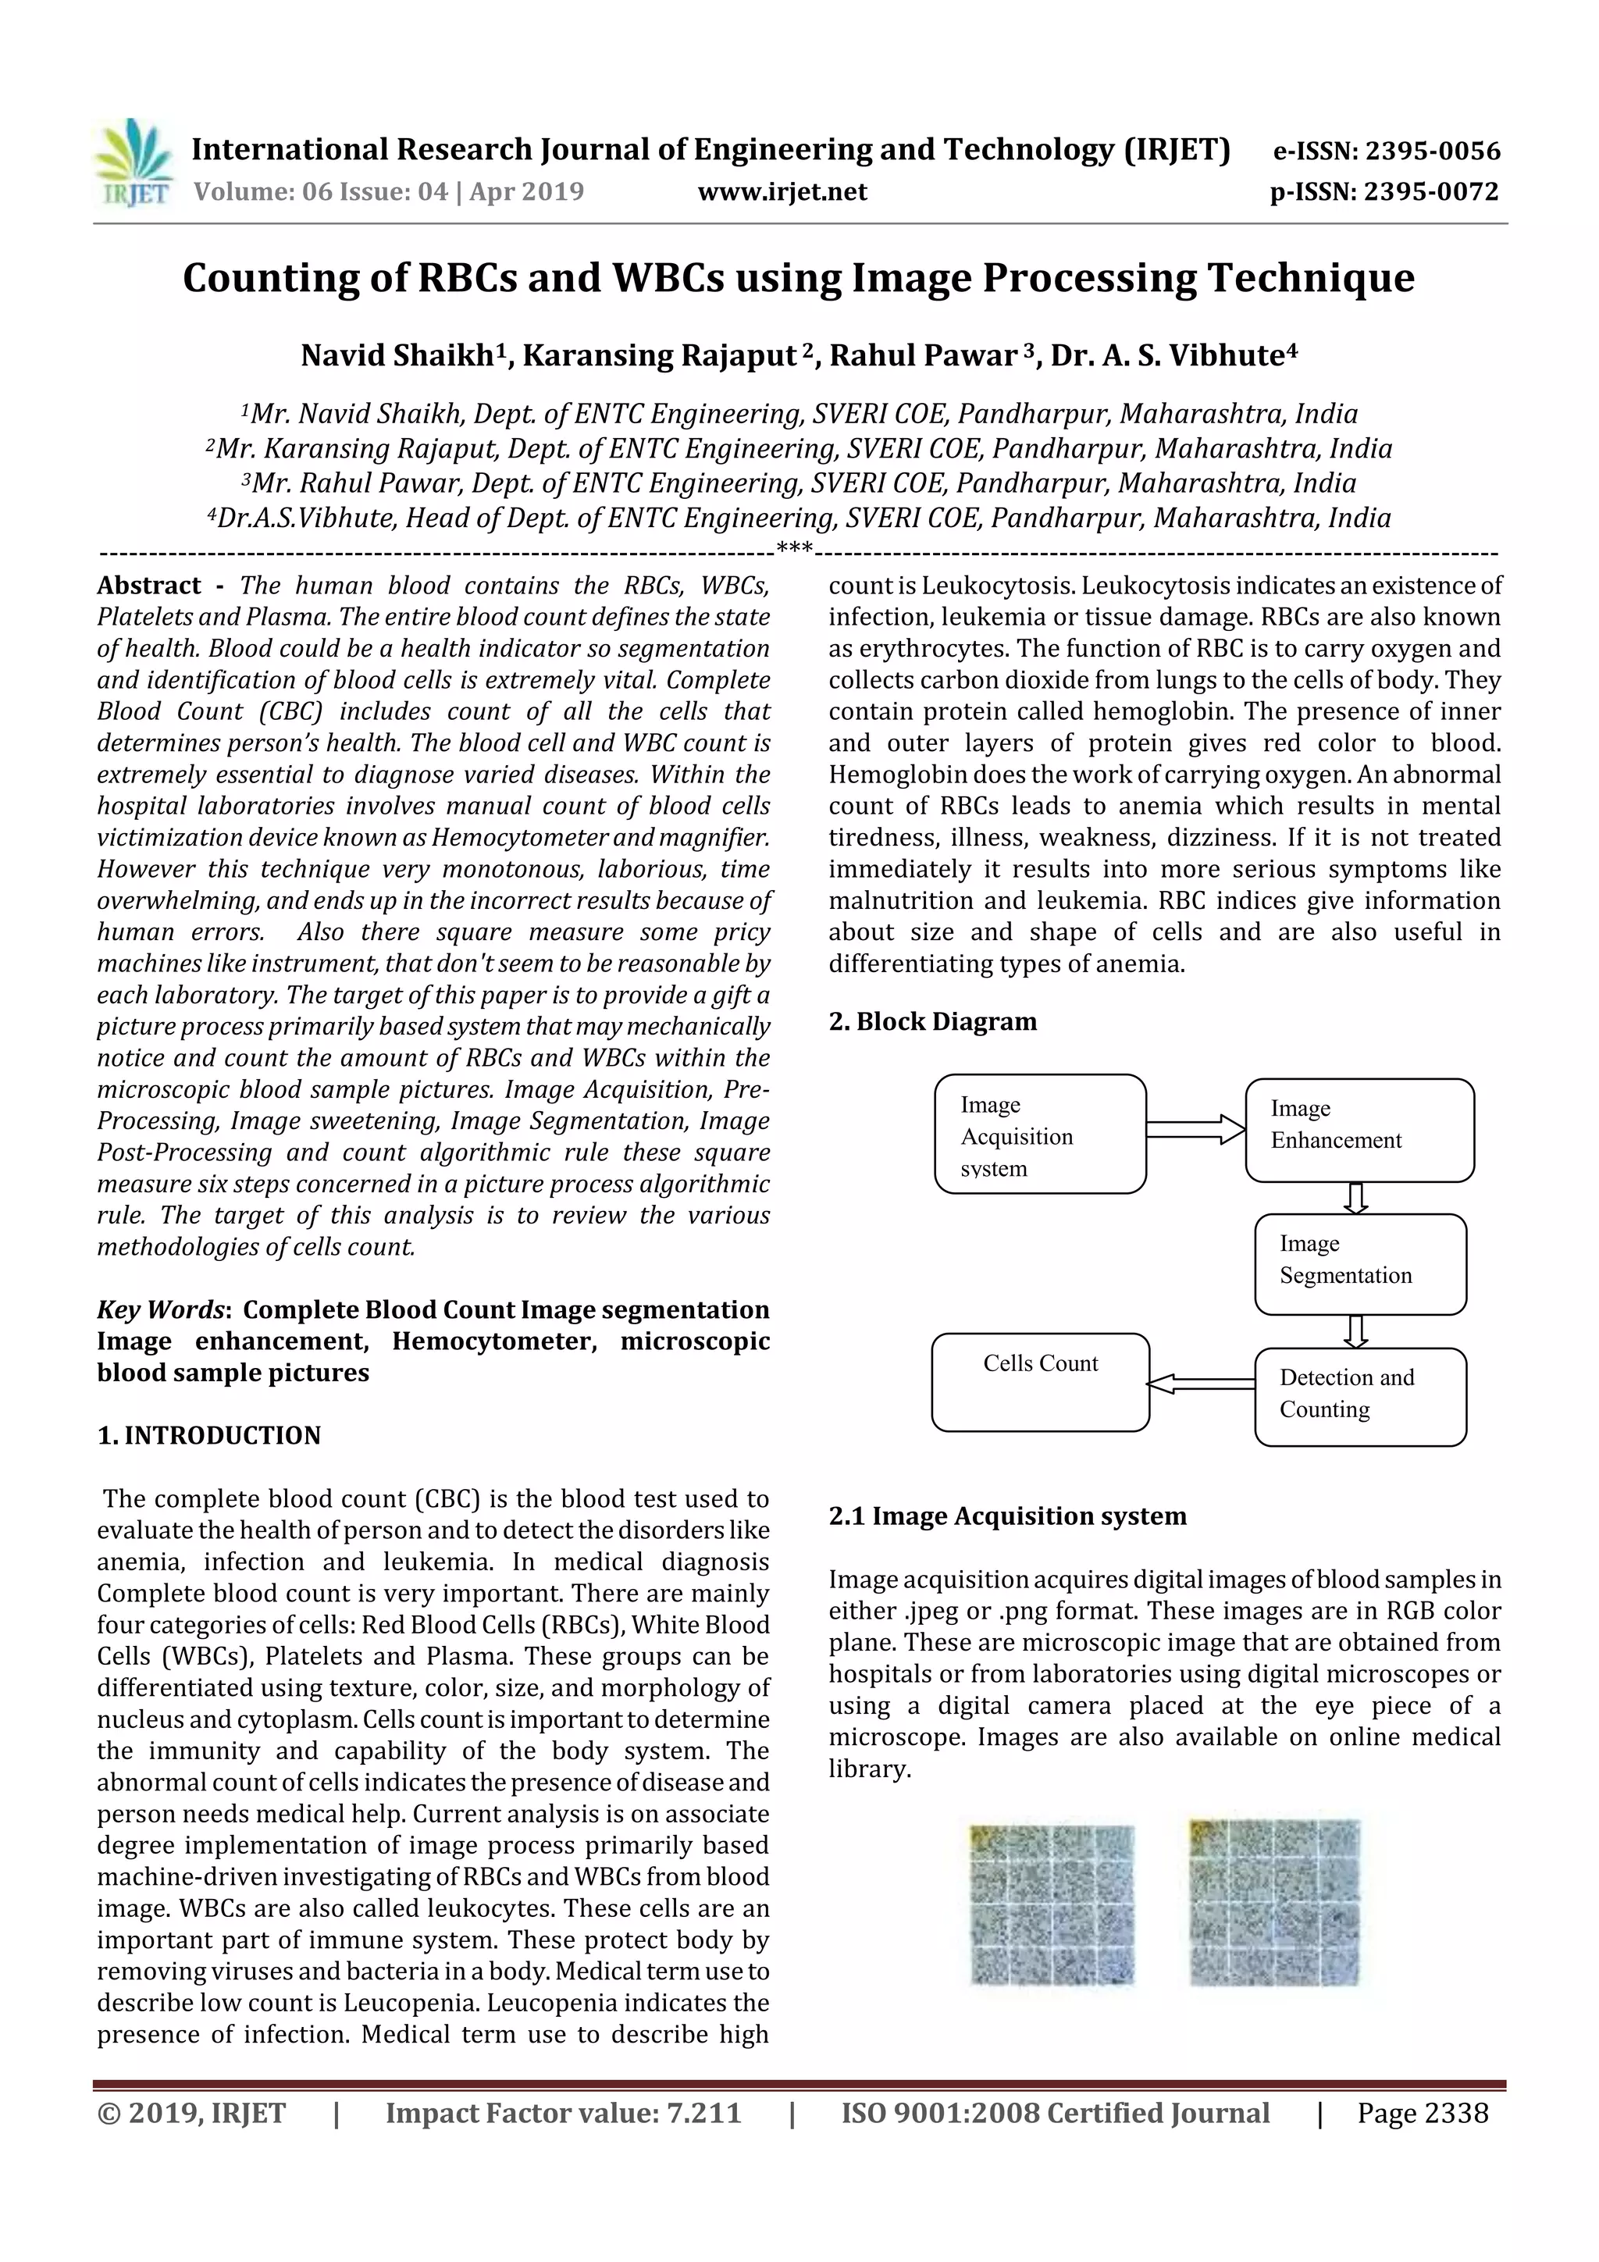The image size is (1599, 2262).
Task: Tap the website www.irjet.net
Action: click(782, 191)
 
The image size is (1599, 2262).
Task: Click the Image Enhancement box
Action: click(1359, 1129)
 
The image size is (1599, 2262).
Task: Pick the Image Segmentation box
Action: click(1359, 1263)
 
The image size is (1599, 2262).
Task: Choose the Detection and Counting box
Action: click(1359, 1396)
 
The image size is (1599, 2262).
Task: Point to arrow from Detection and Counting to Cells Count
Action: click(1201, 1384)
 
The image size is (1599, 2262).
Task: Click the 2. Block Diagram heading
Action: click(932, 1021)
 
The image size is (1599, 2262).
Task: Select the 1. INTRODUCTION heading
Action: click(209, 1434)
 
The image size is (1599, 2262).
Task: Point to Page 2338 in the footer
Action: click(1422, 2112)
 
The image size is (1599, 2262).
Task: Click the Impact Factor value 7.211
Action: click(563, 2112)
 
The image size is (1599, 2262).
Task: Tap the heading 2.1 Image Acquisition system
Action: click(1007, 1516)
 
